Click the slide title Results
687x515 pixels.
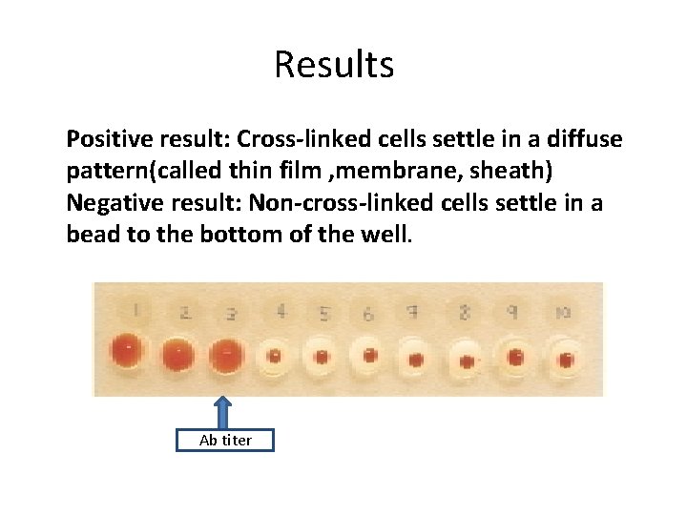pyautogui.click(x=334, y=65)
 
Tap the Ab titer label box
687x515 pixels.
pyautogui.click(x=225, y=440)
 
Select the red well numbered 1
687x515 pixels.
pyautogui.click(x=126, y=352)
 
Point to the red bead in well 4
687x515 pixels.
pyautogui.click(x=275, y=358)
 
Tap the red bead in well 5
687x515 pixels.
pyautogui.click(x=322, y=358)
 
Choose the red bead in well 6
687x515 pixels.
pyautogui.click(x=368, y=358)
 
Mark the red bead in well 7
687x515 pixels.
pyautogui.click(x=416, y=360)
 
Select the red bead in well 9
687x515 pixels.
pyautogui.click(x=516, y=359)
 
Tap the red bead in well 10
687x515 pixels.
pyautogui.click(x=565, y=360)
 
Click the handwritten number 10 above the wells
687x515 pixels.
pyautogui.click(x=563, y=311)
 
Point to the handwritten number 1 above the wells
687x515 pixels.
pyautogui.click(x=136, y=308)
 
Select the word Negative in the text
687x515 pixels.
pyautogui.click(x=108, y=204)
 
